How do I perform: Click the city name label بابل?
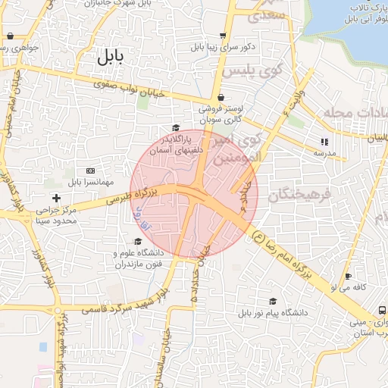(x=111, y=56)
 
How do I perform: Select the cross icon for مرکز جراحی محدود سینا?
(x=57, y=198)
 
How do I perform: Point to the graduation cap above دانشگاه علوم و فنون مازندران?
(x=137, y=241)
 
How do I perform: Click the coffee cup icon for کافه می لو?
(x=348, y=277)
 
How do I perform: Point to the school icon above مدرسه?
(x=324, y=141)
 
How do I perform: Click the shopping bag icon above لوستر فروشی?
(x=221, y=97)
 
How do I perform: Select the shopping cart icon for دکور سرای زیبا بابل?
(x=222, y=35)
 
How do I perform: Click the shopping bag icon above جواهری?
(x=10, y=36)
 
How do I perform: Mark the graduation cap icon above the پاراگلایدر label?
(x=176, y=128)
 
